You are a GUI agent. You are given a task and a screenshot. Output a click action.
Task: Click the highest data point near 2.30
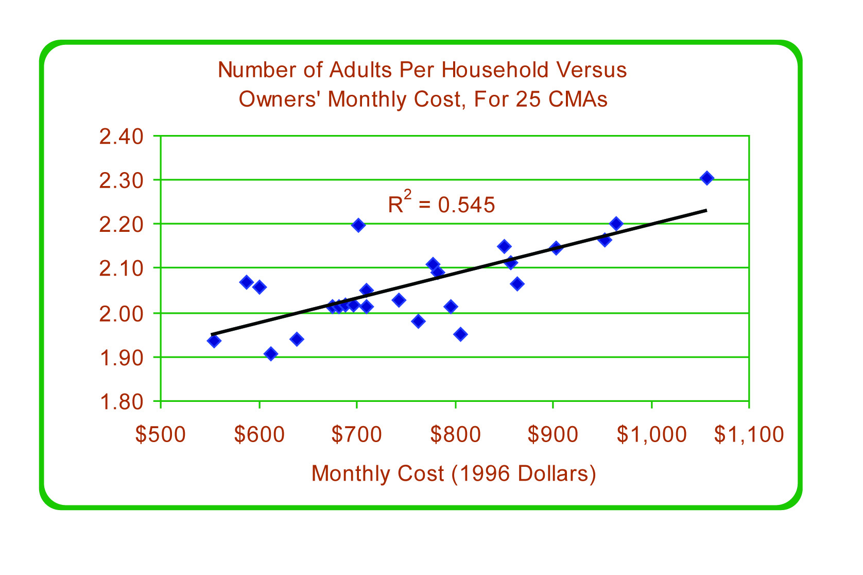tap(707, 178)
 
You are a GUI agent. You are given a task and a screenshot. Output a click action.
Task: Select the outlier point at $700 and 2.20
tap(358, 225)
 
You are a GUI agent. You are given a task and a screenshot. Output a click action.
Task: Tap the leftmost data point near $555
tap(214, 341)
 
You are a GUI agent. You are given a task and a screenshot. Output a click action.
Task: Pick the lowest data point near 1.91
tap(271, 353)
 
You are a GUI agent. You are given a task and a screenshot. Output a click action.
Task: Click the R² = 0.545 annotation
tap(441, 204)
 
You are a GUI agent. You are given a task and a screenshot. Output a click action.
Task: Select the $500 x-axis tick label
tap(160, 434)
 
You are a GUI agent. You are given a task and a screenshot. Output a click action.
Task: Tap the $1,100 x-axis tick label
tap(749, 434)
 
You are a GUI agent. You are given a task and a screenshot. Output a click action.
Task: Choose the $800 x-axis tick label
tap(455, 434)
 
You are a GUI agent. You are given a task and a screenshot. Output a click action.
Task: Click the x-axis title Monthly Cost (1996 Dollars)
tap(454, 473)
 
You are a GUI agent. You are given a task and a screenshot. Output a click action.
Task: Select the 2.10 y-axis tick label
tap(121, 268)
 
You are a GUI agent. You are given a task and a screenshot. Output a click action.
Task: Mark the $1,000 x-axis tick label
tap(651, 434)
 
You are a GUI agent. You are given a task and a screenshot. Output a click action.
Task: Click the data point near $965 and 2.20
tap(616, 224)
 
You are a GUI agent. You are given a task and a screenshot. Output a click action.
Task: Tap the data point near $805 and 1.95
tap(461, 334)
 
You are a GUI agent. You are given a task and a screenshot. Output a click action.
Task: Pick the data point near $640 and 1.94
tap(297, 339)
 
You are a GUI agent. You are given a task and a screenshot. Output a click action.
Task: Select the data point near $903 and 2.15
tap(556, 248)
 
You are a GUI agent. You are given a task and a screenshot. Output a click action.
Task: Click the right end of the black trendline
tap(706, 210)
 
